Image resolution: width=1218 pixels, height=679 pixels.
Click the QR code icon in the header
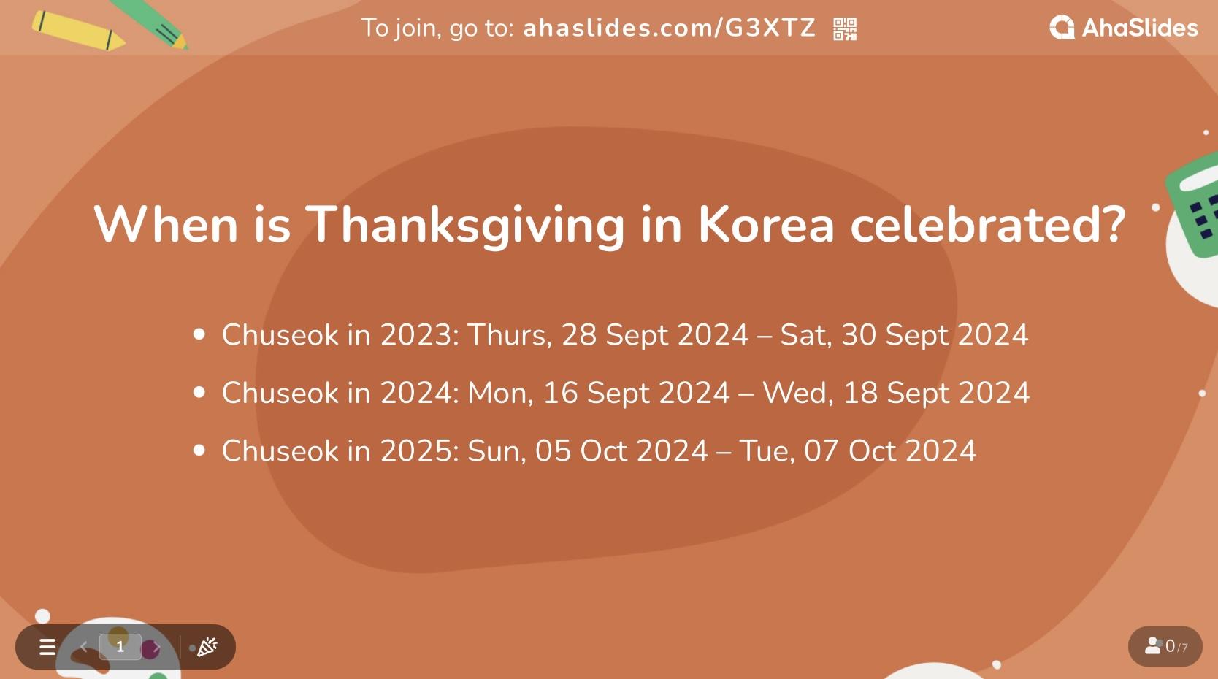845,29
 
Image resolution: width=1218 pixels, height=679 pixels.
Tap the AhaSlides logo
1123,28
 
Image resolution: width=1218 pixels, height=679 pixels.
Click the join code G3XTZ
770,28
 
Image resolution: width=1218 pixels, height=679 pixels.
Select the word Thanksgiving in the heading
464,224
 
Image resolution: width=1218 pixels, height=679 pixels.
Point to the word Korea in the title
766,224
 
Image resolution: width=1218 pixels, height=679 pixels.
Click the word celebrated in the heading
988,224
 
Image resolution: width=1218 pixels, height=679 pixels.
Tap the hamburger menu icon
47,647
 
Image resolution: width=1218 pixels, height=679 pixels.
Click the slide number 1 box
120,647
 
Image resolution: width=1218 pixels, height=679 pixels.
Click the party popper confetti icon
207,647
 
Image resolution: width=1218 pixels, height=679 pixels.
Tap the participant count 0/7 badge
1165,646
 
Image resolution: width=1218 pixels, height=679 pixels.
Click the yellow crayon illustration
77,31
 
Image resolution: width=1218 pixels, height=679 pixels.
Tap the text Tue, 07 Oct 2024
857,451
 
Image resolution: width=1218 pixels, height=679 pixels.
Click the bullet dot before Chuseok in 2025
199,450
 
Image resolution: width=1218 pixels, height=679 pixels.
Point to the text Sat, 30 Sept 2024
904,335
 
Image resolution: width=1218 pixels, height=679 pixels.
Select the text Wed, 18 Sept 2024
896,393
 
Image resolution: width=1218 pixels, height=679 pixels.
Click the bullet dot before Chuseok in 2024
199,393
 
